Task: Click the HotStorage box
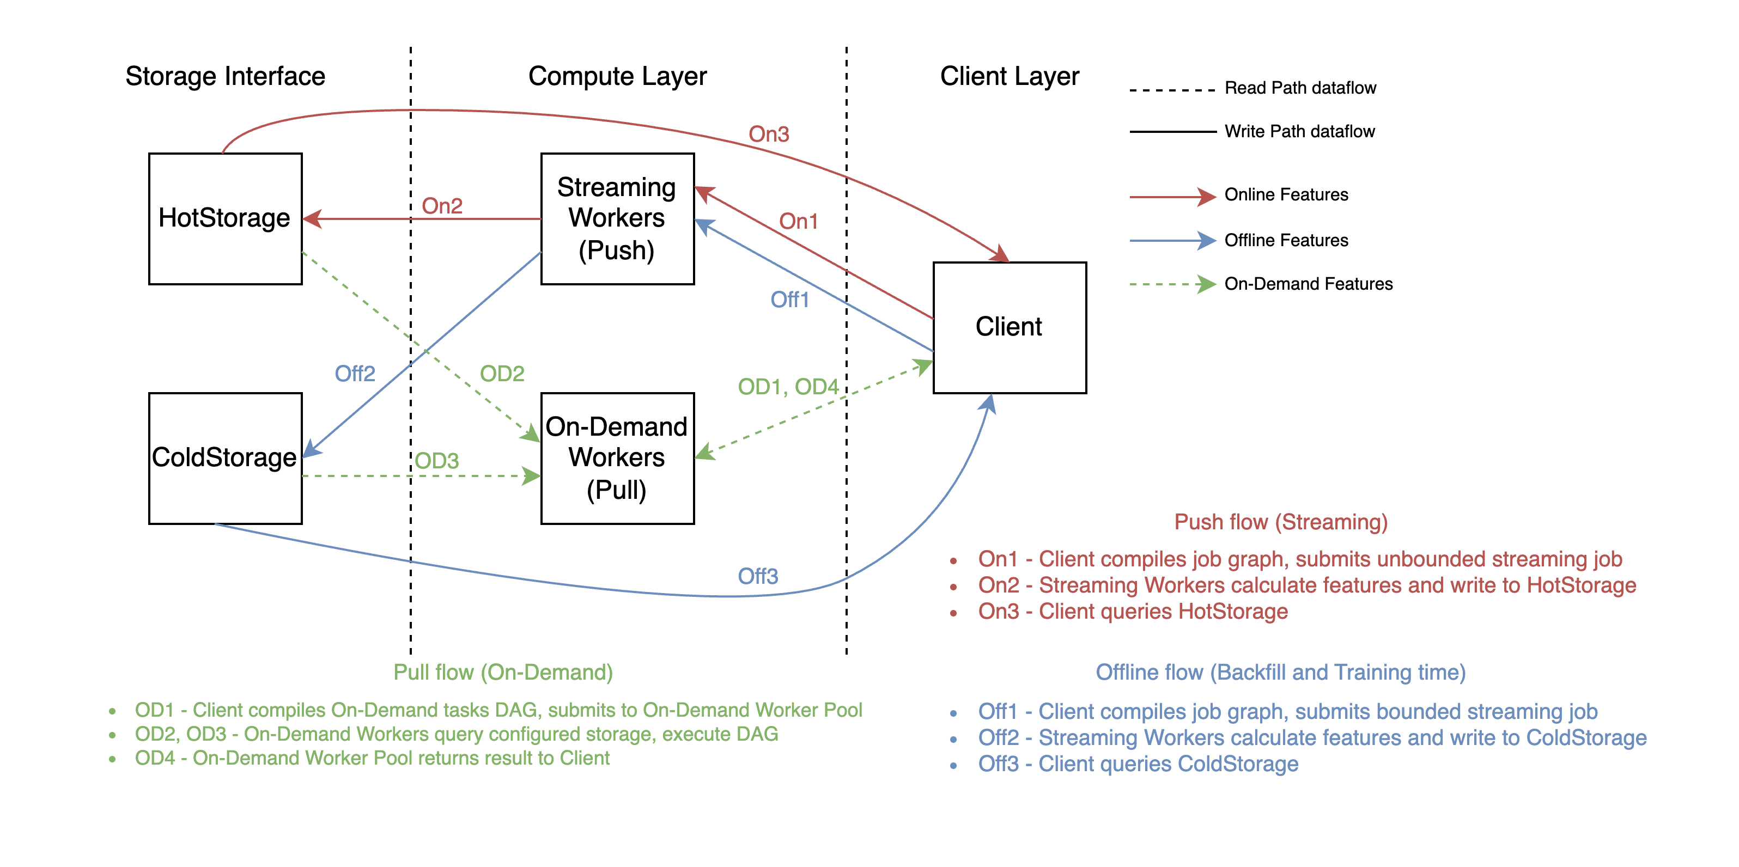pos(225,218)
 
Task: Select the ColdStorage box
pos(225,458)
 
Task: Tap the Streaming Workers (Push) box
pos(617,218)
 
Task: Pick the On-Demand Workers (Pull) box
pos(617,458)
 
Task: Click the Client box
pos(1009,327)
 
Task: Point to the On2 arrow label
pos(442,206)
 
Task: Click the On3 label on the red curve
pos(769,135)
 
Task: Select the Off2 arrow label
pos(355,373)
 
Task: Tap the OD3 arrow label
pos(437,461)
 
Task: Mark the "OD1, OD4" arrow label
pos(788,387)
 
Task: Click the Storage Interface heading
pos(226,76)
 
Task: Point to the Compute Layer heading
pos(617,76)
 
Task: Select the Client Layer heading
pos(1009,76)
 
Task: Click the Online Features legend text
pos(1286,195)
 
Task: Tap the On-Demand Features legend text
pos(1308,284)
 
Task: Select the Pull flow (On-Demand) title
pos(503,672)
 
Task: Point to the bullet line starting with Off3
pos(1138,764)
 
